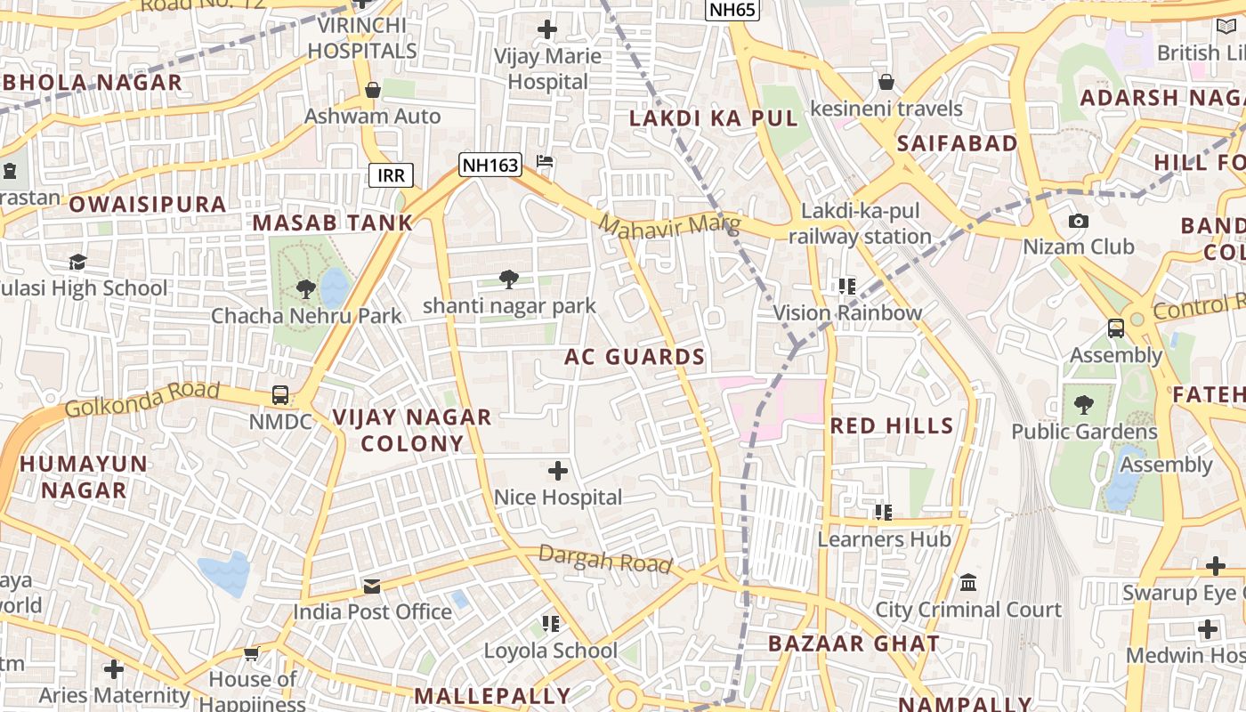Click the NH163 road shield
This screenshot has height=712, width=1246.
click(489, 164)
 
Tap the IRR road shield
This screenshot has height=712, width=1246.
click(391, 175)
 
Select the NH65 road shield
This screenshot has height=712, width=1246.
click(732, 10)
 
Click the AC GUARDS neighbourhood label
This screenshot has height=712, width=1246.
click(635, 358)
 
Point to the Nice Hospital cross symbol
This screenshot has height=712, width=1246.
click(558, 470)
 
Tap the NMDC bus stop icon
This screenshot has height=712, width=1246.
click(280, 395)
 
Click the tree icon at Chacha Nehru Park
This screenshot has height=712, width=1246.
click(305, 289)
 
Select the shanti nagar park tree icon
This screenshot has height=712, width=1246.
click(509, 280)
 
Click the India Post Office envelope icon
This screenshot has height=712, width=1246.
click(372, 587)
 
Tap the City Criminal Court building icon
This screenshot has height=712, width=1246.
click(968, 583)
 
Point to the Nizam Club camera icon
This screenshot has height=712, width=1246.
click(1078, 221)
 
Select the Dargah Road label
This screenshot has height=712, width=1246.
click(604, 559)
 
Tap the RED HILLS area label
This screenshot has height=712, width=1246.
click(892, 426)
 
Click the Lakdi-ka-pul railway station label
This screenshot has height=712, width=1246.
click(860, 224)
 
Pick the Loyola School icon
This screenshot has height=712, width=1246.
click(551, 624)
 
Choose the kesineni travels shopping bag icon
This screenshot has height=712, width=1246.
click(886, 83)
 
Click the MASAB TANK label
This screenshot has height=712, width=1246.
click(333, 223)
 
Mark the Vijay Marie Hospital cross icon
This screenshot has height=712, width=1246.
click(547, 30)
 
